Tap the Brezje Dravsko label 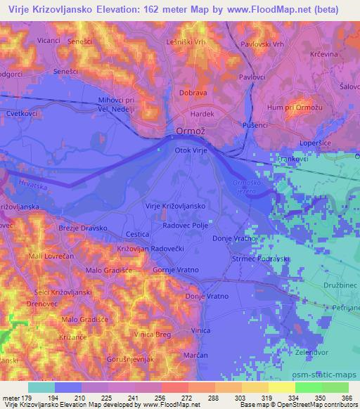82,228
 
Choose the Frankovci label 297,160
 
